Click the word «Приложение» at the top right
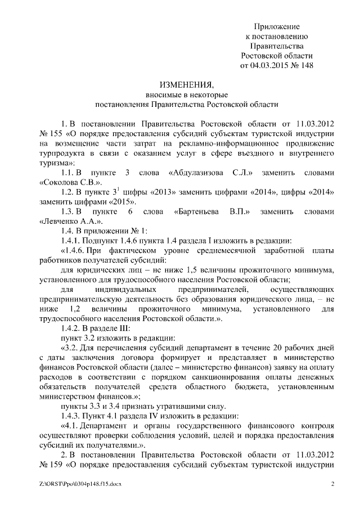277,26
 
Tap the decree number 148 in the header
305,65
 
